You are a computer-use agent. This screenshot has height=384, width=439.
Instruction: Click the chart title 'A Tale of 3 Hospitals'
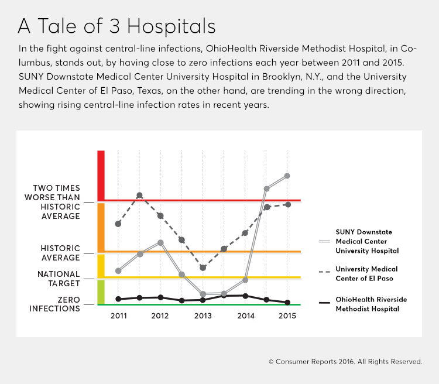(x=116, y=26)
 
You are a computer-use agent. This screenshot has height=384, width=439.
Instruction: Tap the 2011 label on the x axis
(x=118, y=316)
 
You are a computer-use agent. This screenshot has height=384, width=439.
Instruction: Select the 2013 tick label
(x=203, y=316)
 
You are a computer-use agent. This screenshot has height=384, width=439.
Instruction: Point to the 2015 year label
(x=287, y=316)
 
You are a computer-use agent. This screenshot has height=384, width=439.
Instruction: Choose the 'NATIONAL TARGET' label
(x=59, y=279)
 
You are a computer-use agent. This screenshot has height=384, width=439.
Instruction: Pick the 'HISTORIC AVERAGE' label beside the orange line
(x=60, y=253)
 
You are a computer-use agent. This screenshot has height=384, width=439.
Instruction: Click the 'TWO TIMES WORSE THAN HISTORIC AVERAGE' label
(x=56, y=202)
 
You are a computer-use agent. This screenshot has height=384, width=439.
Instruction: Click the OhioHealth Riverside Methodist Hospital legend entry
(x=371, y=304)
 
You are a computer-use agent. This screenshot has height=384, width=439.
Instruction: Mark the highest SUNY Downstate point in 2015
(x=287, y=176)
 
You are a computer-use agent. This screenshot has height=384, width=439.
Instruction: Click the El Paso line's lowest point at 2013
(x=203, y=268)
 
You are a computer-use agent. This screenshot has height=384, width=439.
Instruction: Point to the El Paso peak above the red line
(x=139, y=195)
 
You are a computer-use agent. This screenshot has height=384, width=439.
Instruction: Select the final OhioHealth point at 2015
(x=287, y=303)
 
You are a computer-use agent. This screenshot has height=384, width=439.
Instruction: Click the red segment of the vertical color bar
(x=101, y=175)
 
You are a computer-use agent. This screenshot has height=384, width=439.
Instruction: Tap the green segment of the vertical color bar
(x=101, y=292)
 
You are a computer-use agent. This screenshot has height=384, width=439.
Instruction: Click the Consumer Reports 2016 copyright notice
(x=345, y=362)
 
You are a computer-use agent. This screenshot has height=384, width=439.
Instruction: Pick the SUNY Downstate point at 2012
(x=160, y=242)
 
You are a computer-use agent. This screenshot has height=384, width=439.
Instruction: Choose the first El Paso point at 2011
(x=118, y=224)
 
